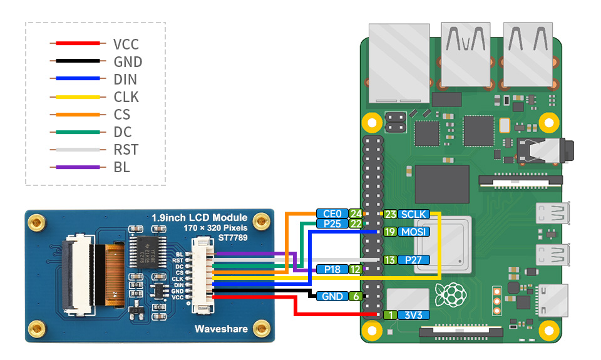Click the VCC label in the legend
126,44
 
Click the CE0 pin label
332,214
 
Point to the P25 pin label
332,224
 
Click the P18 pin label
332,269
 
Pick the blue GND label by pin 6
332,296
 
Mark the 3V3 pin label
413,315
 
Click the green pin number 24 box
356,214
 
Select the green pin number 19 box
389,232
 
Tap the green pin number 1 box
389,315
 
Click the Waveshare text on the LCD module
221,329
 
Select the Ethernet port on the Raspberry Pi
399,63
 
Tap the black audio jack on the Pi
545,150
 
